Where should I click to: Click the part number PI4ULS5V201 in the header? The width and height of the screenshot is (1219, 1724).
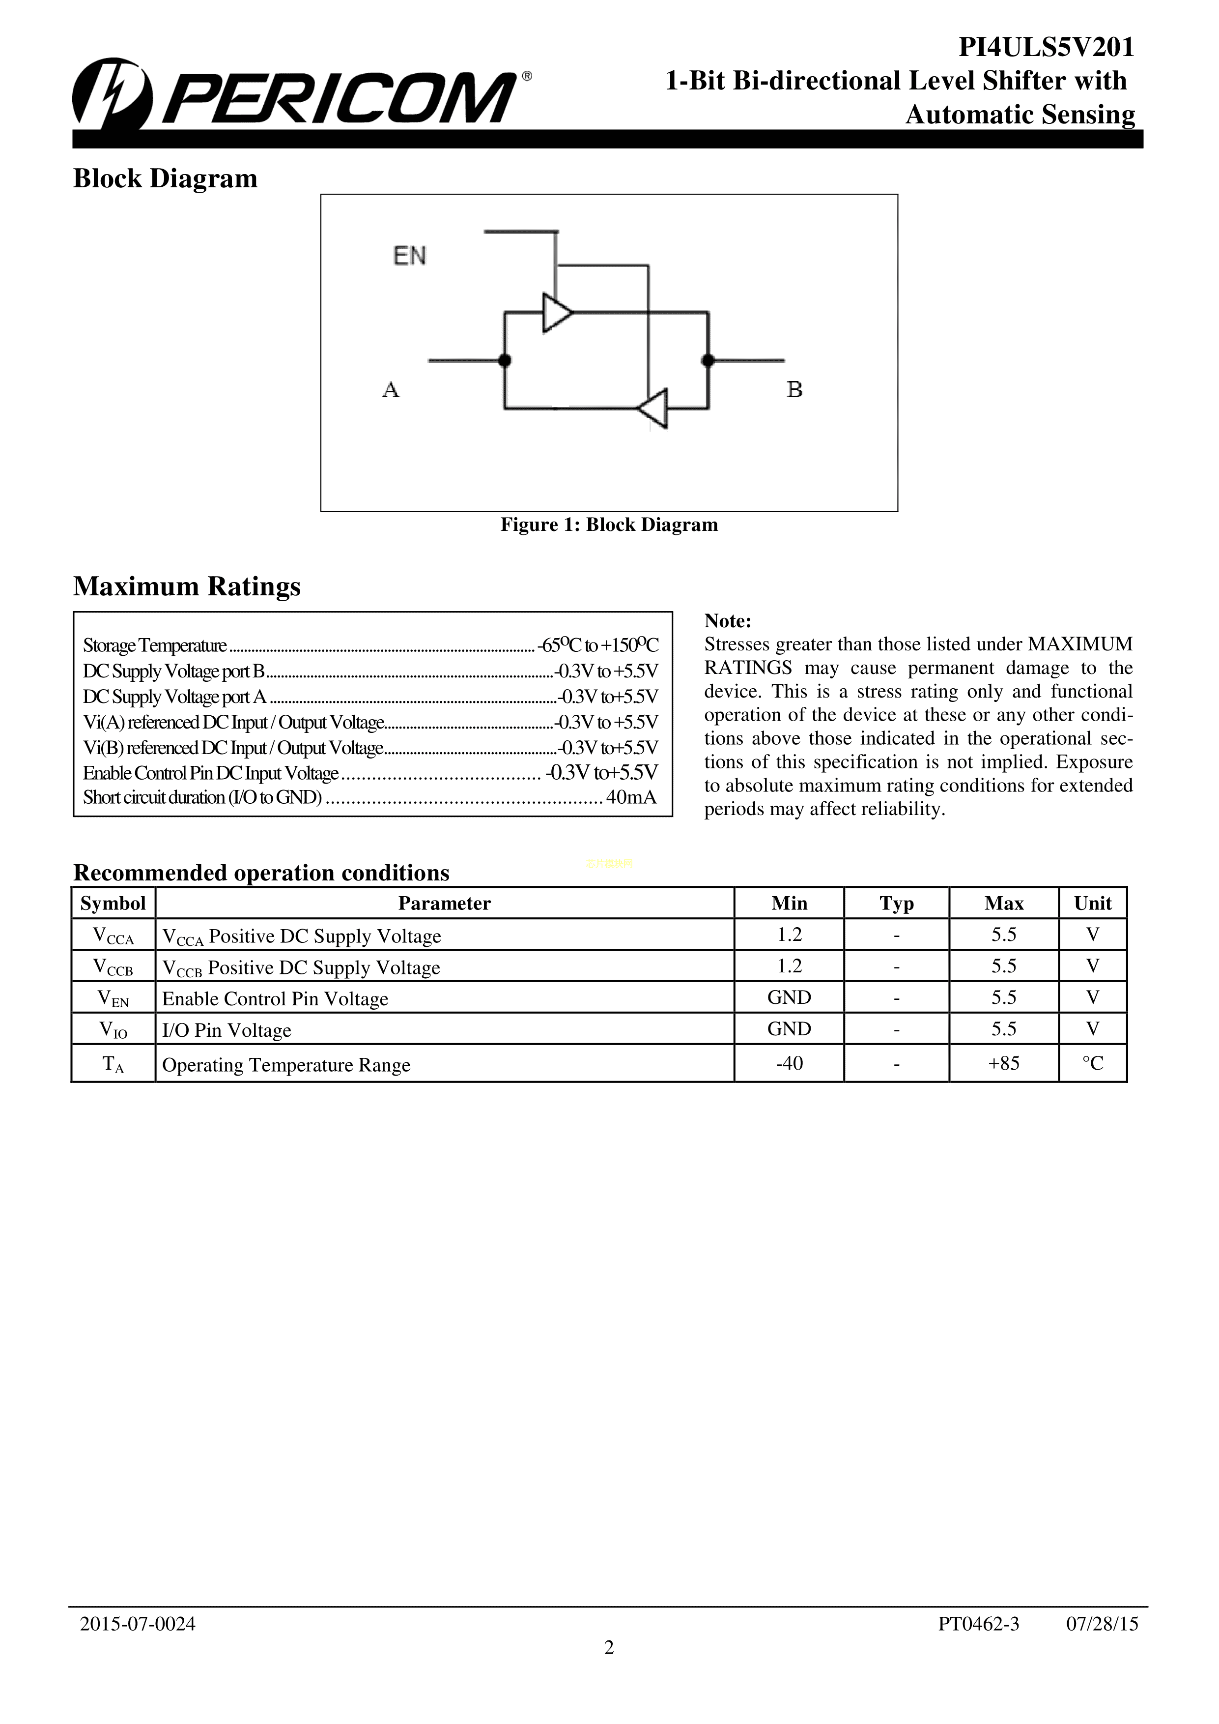(x=1046, y=48)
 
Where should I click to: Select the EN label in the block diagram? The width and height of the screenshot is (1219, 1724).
(x=410, y=256)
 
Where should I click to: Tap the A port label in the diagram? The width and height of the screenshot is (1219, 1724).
(x=390, y=390)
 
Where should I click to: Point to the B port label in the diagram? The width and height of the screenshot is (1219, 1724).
(x=794, y=390)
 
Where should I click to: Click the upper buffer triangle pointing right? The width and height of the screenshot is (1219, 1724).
(x=556, y=312)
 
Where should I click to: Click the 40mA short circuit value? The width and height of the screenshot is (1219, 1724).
(x=630, y=797)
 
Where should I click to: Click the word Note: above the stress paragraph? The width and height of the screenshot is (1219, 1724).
(x=727, y=621)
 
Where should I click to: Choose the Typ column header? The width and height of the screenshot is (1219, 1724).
(x=896, y=904)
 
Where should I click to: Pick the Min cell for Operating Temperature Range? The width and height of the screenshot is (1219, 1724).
(x=789, y=1063)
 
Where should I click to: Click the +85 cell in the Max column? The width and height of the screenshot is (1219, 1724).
(x=1004, y=1063)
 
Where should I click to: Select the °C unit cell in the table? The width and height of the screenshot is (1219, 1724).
(x=1092, y=1063)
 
